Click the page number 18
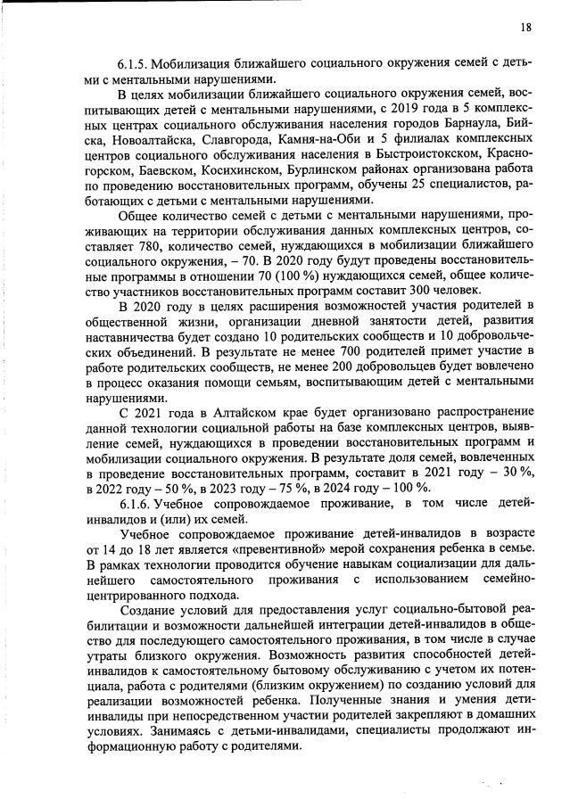point(526,28)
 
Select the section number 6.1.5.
point(136,65)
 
